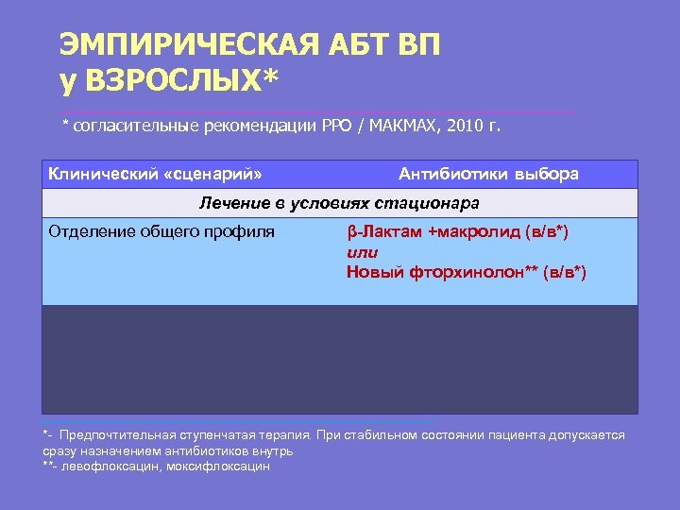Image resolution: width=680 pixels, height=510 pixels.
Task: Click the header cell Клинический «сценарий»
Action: point(155,174)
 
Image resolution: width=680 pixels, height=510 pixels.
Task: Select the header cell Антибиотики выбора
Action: point(488,174)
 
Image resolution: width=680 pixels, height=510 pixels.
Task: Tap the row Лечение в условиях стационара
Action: point(339,203)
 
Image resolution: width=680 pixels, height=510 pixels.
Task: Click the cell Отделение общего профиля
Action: point(161,231)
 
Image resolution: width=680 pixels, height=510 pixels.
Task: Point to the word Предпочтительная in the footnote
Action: point(117,434)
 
